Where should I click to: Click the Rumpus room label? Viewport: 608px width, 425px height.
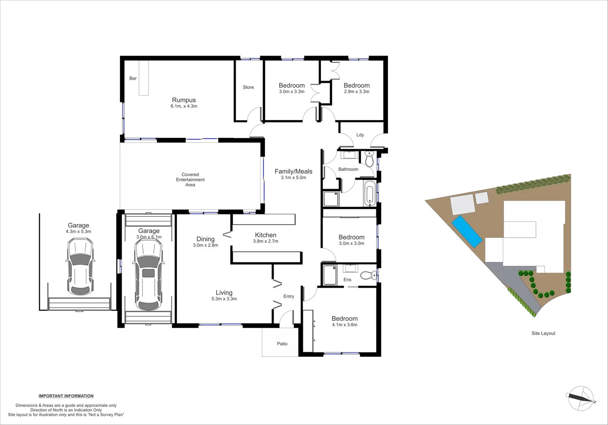click(184, 100)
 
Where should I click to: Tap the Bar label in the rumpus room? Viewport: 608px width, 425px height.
click(133, 78)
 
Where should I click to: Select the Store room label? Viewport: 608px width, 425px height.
click(248, 87)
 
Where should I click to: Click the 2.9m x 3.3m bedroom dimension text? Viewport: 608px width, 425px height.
click(356, 92)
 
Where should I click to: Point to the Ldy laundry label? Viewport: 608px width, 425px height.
click(360, 135)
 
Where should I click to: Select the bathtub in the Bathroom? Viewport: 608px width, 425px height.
click(370, 194)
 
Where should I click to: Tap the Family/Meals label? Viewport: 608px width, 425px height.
click(293, 171)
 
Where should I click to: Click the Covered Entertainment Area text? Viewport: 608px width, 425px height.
click(190, 179)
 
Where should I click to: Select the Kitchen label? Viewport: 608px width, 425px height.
click(265, 235)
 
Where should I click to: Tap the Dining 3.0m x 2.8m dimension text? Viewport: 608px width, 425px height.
click(206, 245)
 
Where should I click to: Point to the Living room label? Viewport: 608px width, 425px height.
click(224, 292)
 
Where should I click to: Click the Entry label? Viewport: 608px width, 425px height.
click(289, 296)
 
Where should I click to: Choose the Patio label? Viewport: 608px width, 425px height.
click(282, 344)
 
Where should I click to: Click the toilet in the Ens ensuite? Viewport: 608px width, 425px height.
click(368, 275)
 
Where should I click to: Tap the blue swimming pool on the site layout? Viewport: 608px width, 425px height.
click(467, 231)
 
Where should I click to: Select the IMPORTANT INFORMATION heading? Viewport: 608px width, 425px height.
click(66, 396)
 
